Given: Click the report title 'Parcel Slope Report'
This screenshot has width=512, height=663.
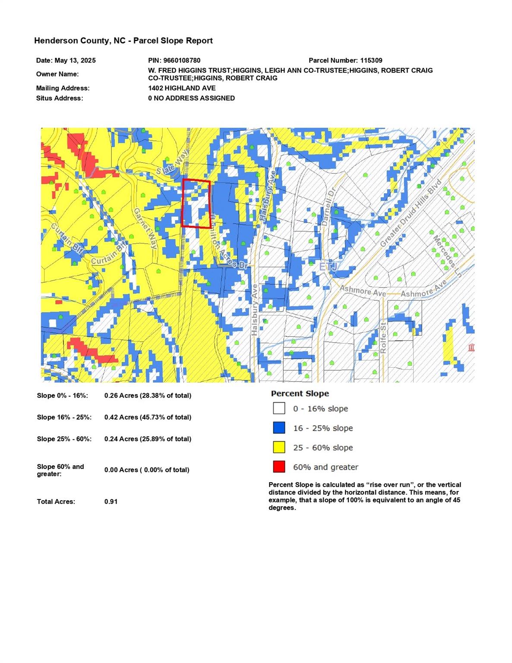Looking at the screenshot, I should pos(173,41).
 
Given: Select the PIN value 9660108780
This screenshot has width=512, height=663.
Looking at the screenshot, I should pos(182,60).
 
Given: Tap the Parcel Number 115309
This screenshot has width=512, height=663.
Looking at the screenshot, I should pos(371,60).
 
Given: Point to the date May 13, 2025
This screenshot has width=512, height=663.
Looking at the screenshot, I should pos(75,60).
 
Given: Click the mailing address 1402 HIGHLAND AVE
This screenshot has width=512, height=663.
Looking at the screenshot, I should pos(181,88).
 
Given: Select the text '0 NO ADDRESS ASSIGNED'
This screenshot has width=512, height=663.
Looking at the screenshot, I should pos(191,98).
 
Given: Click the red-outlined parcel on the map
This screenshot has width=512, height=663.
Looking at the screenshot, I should pos(196,203).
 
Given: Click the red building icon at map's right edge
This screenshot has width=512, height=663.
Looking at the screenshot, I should pos(471,347).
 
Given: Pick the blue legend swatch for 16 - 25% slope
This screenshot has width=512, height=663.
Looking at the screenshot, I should pos(279,428).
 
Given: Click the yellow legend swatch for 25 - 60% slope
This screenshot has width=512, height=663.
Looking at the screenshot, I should pos(279,447).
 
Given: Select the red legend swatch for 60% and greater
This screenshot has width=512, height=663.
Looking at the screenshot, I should pos(279,467).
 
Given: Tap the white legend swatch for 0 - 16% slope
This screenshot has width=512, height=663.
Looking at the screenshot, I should pos(279,408).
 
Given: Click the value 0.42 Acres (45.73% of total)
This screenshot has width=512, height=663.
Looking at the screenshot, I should pos(148,417).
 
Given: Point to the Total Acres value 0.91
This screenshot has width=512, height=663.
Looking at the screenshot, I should pos(111,502).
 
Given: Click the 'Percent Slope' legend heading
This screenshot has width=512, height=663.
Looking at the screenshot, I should pos(300,394).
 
